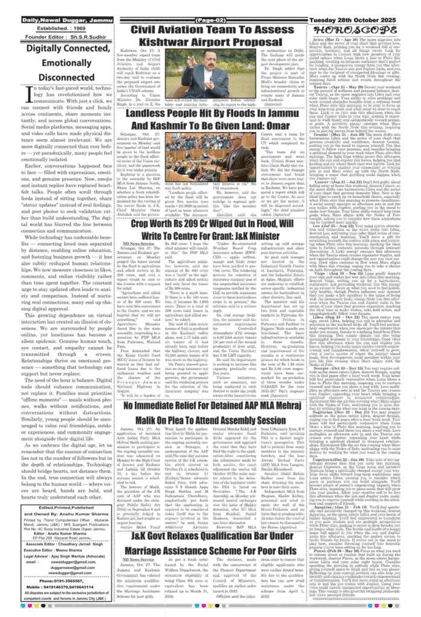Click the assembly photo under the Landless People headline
coord(210,157)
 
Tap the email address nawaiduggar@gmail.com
coord(73,562)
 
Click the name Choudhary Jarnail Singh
coord(80,545)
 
